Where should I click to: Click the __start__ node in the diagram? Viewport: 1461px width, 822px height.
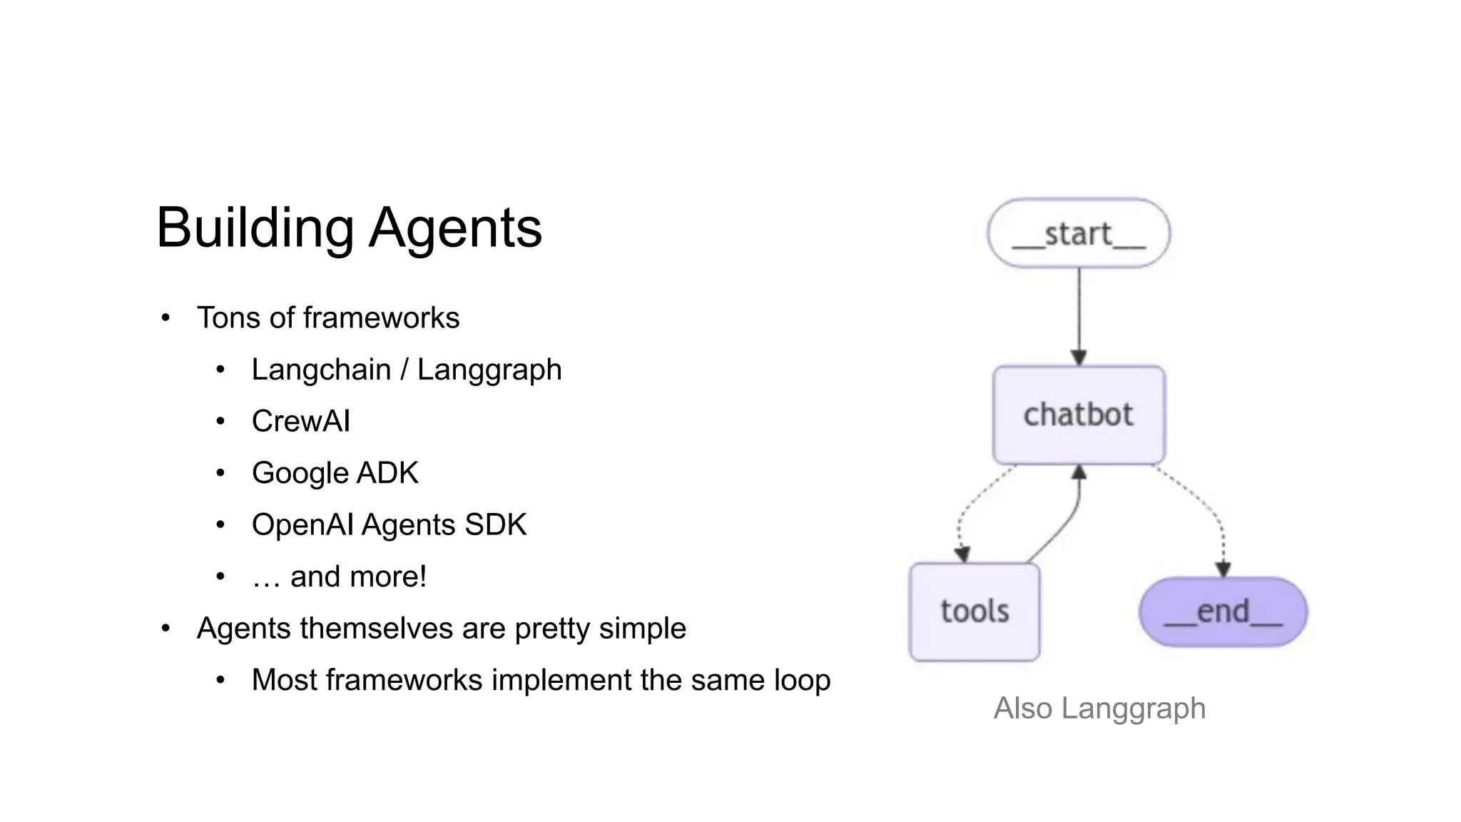(x=1078, y=233)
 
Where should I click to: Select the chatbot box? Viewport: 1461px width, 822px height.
(x=1078, y=415)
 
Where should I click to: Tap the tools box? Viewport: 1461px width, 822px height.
(x=974, y=612)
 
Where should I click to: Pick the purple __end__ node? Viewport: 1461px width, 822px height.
(x=1223, y=612)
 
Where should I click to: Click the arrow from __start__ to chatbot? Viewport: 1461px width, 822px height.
(x=1079, y=314)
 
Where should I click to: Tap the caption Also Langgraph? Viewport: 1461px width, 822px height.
(x=1099, y=709)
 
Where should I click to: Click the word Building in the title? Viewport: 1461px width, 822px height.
(x=255, y=228)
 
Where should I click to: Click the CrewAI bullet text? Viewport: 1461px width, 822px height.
(x=300, y=421)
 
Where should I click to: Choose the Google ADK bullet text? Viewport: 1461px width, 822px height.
(x=335, y=473)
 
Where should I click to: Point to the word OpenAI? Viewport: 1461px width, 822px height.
(x=302, y=524)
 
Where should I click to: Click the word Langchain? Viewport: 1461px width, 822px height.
(x=321, y=370)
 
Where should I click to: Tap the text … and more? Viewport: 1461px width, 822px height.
(x=339, y=577)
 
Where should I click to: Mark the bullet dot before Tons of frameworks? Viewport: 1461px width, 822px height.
(x=166, y=318)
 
